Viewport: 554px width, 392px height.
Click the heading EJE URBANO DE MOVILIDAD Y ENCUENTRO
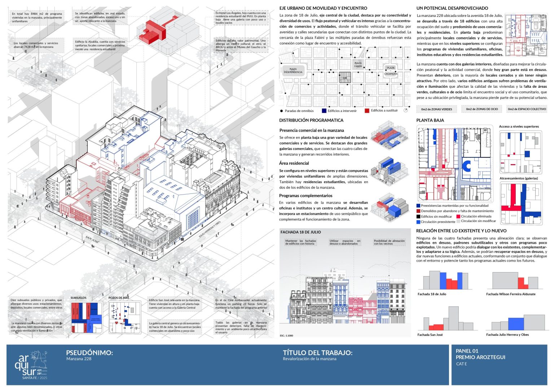323,8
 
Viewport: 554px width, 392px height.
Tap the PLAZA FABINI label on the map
358,65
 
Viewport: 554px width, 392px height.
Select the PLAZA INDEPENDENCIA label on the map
293,70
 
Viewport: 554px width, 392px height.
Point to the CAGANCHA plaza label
390,74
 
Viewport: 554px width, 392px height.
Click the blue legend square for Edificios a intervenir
324,111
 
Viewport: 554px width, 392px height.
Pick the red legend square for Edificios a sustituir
367,111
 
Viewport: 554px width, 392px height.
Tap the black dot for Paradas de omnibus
281,111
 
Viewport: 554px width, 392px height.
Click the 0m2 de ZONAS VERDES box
436,109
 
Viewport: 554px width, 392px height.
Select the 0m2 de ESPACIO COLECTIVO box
527,109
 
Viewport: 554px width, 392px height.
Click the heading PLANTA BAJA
430,120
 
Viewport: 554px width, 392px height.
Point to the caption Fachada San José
430,335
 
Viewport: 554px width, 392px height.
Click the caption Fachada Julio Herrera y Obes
507,335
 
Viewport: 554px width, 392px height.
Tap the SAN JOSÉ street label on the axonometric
92,239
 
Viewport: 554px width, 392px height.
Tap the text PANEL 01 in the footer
467,351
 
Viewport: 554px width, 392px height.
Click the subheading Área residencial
294,163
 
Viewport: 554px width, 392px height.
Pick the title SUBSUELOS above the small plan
78,298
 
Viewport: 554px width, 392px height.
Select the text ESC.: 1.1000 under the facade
286,336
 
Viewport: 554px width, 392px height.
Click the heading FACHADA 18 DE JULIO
300,232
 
